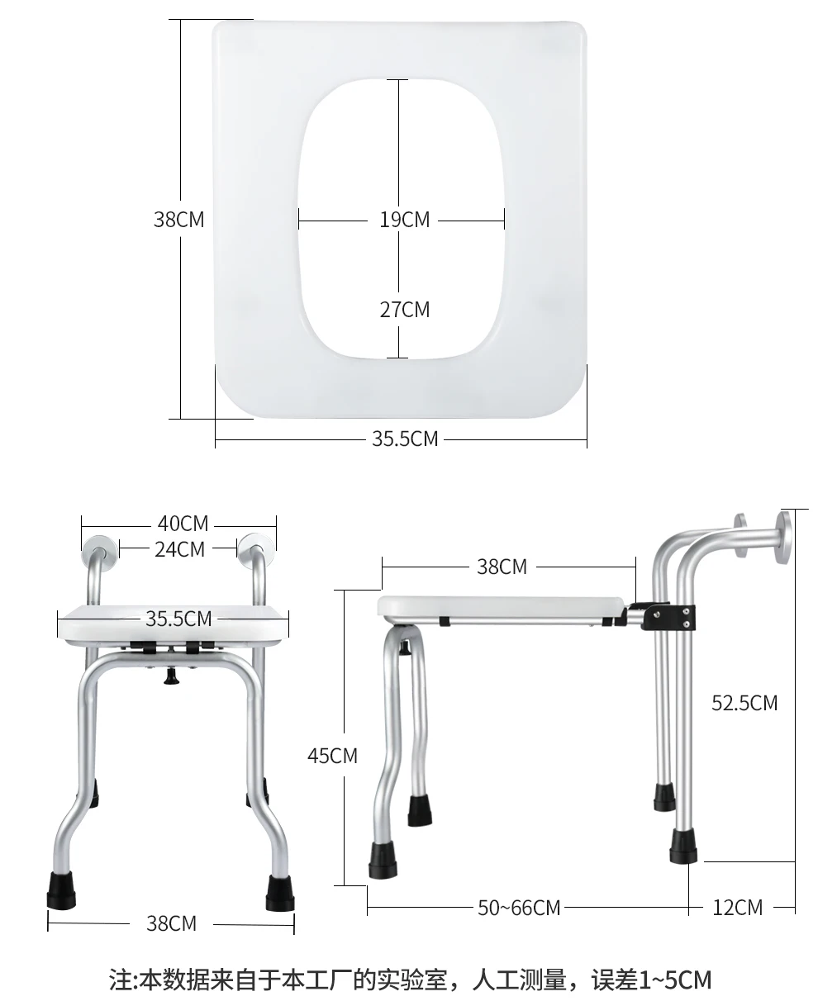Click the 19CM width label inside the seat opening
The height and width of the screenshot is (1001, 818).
(405, 220)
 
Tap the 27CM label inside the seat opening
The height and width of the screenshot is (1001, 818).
(405, 310)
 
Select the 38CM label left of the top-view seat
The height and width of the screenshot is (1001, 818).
(179, 220)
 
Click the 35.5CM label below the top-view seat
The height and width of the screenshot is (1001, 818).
(405, 439)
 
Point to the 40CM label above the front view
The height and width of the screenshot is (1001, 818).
(183, 524)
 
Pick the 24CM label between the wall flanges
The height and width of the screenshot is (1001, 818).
(179, 549)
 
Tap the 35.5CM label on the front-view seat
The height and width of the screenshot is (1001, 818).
(178, 619)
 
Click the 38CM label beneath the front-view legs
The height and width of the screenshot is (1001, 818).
(171, 923)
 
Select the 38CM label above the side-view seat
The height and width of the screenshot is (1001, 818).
(502, 567)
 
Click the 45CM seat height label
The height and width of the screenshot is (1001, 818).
(332, 756)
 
